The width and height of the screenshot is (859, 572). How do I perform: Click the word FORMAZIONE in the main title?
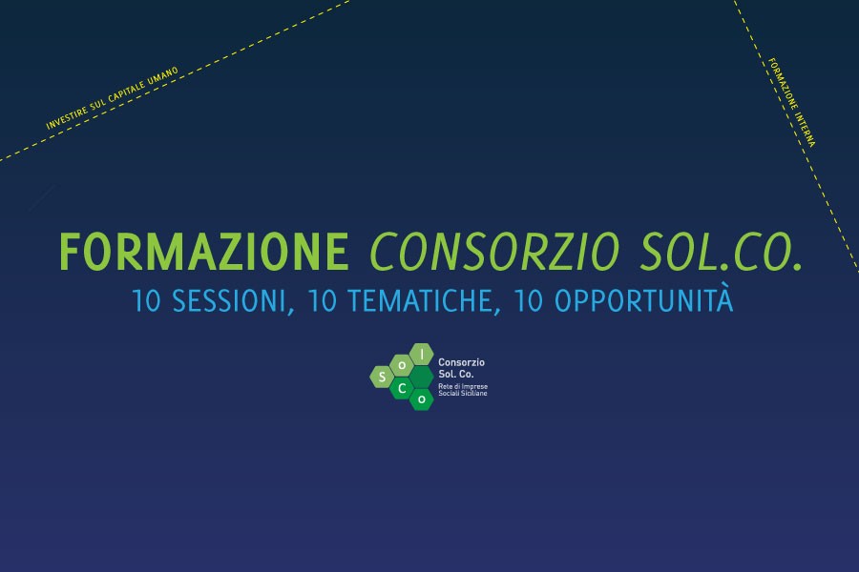204,252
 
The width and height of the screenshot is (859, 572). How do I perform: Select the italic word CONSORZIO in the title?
494,252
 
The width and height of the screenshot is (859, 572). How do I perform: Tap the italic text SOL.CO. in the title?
721,252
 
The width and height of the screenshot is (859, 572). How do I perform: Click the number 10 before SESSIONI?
146,301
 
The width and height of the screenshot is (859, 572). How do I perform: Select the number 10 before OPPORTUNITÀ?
528,301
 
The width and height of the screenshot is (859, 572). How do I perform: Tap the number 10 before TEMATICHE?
322,301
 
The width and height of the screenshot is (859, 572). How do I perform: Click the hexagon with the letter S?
382,377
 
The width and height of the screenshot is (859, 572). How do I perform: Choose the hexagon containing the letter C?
402,388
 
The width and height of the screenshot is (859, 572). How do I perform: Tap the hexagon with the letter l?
421,354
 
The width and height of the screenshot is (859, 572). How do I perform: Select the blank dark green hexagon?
421,377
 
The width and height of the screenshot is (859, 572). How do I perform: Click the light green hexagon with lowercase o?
402,365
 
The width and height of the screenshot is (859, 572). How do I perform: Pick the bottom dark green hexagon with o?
421,399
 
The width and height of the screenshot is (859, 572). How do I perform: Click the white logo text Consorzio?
461,362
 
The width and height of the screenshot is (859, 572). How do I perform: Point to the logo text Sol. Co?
456,375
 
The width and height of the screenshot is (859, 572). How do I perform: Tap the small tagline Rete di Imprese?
463,386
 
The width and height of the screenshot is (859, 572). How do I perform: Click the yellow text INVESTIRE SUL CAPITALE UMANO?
113,98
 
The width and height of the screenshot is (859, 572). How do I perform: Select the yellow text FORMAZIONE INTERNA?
791,102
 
